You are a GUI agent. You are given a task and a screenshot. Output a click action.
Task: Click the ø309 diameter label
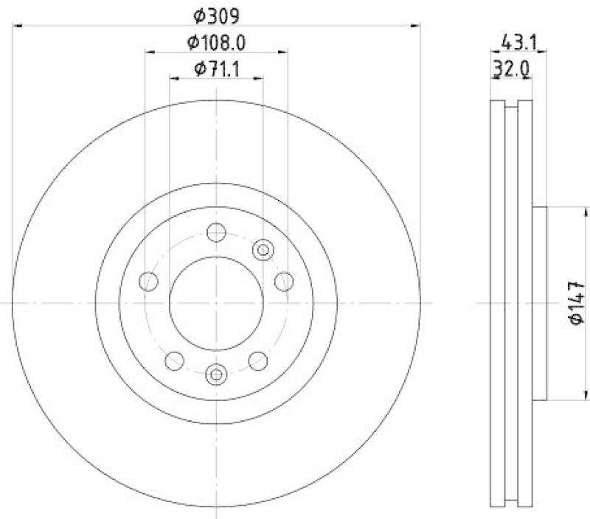(217, 14)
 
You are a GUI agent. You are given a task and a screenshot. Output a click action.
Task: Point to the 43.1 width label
(519, 43)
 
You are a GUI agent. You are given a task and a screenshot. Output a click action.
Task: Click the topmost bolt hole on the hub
(215, 233)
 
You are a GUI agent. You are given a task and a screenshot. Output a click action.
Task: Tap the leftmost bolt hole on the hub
(150, 281)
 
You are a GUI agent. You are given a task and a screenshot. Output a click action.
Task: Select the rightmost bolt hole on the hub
(283, 280)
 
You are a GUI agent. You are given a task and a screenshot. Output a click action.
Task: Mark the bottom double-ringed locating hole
(215, 374)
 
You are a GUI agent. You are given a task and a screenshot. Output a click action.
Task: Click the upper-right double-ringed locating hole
(263, 250)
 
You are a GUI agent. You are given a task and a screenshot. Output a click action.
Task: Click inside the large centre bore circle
(215, 302)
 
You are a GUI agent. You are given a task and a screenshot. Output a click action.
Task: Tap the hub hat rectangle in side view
(540, 302)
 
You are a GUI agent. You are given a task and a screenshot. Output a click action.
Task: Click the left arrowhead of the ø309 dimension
(16, 26)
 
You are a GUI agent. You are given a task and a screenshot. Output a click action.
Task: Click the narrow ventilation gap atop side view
(510, 104)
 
